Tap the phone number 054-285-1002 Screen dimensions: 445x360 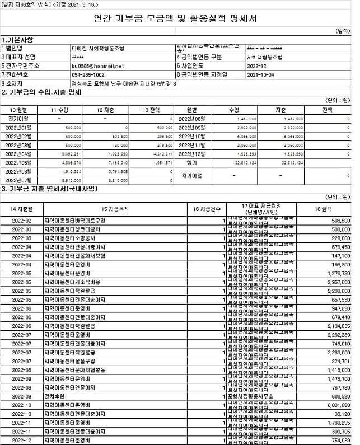point(88,74)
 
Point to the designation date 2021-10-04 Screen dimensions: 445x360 point(260,74)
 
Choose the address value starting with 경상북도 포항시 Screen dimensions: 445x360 point(124,83)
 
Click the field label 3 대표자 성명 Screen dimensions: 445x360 point(18,57)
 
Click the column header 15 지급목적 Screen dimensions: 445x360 point(115,209)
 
